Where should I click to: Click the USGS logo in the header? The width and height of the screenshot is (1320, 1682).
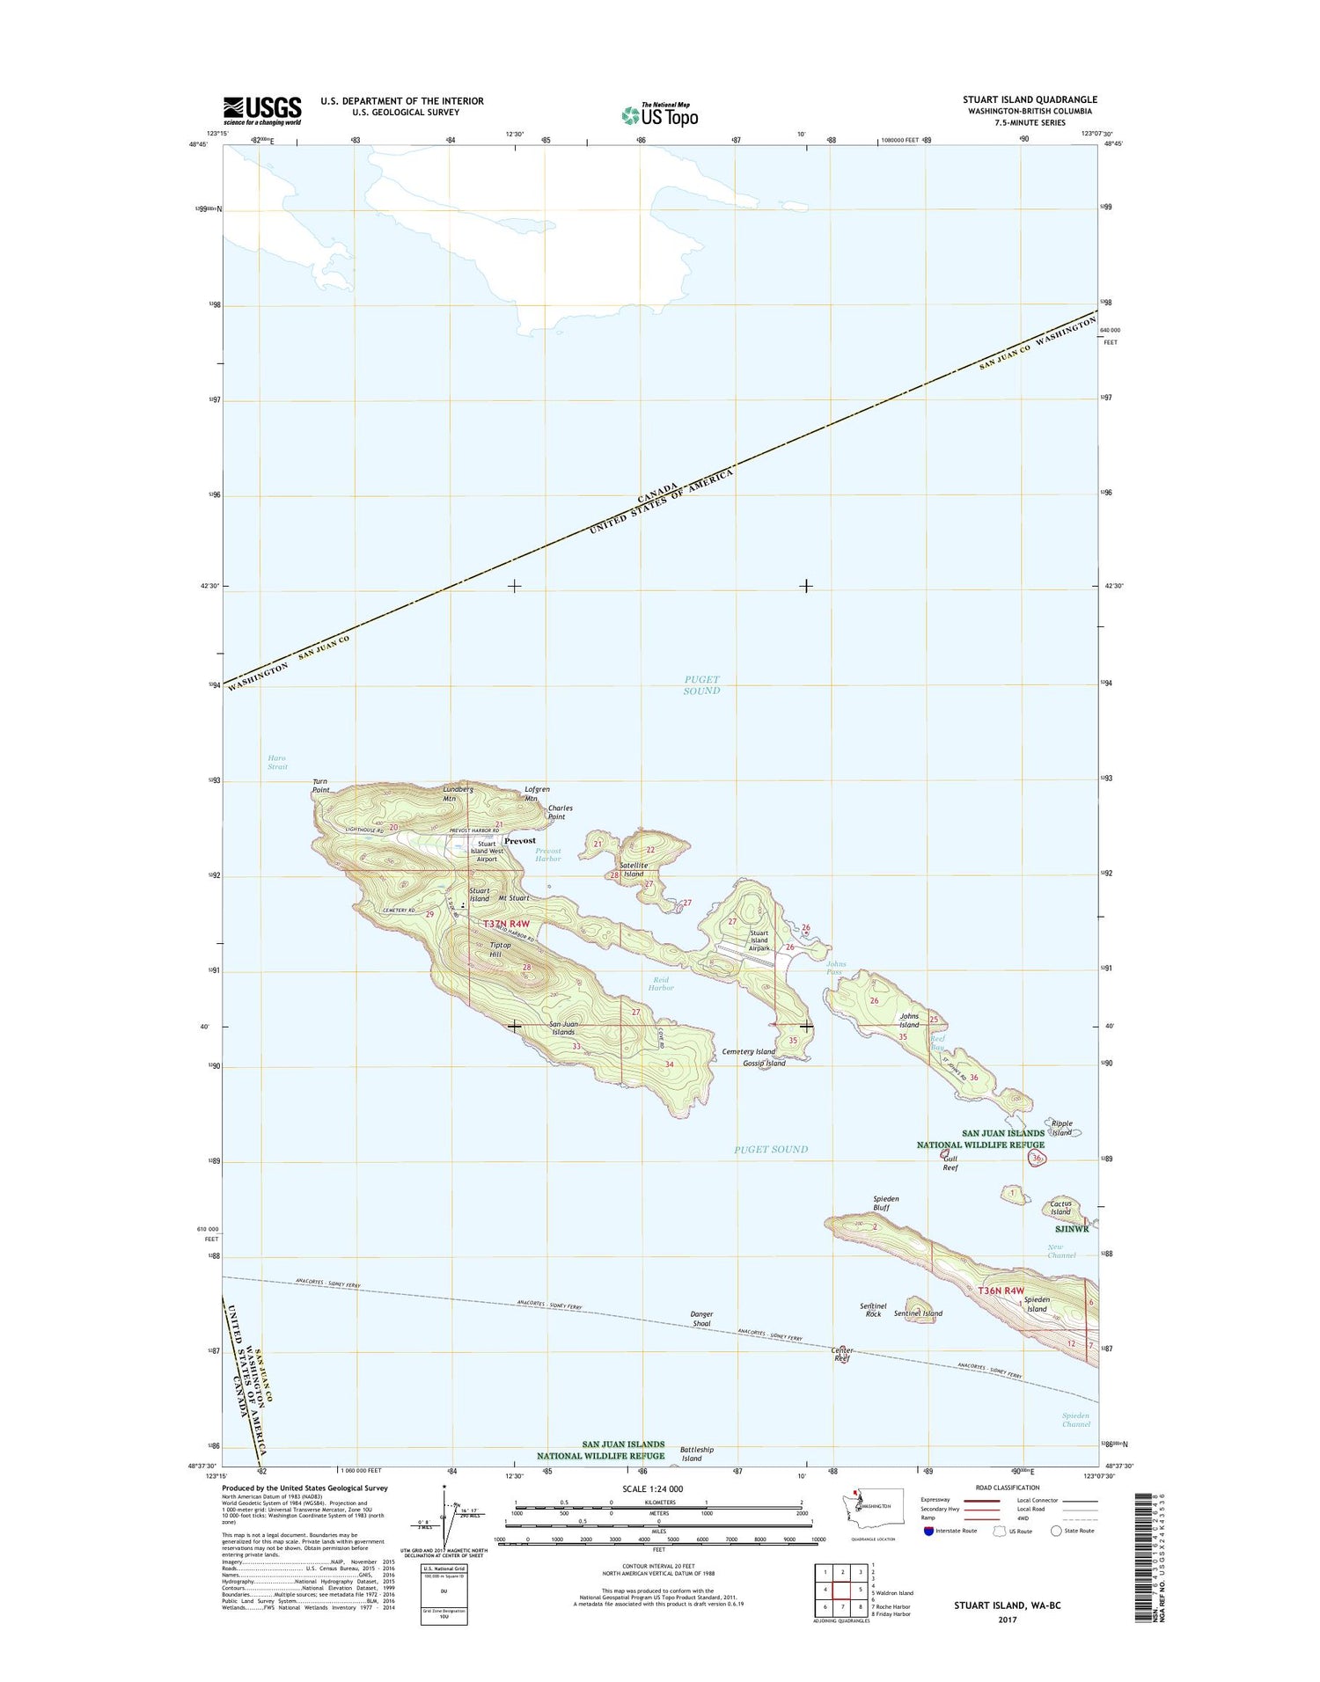(261, 111)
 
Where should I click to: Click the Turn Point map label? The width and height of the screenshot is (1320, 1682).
(321, 786)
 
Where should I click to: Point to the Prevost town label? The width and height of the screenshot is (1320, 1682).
(520, 841)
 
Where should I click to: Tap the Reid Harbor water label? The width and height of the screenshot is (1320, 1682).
(661, 984)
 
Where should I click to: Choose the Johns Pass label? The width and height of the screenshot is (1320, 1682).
(835, 968)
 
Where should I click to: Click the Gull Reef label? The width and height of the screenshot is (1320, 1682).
(950, 1164)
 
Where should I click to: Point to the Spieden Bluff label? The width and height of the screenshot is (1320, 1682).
(885, 1203)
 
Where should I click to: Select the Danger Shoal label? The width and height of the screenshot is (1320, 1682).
(701, 1319)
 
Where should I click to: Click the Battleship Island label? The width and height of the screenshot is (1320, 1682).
(697, 1453)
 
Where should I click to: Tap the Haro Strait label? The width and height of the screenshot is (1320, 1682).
(277, 762)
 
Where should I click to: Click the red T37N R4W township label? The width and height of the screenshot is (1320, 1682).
(507, 924)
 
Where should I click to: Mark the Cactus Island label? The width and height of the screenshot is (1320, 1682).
(1060, 1208)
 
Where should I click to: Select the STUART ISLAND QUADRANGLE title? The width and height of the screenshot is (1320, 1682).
(1030, 99)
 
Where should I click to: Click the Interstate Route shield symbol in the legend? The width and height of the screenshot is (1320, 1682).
(928, 1531)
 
